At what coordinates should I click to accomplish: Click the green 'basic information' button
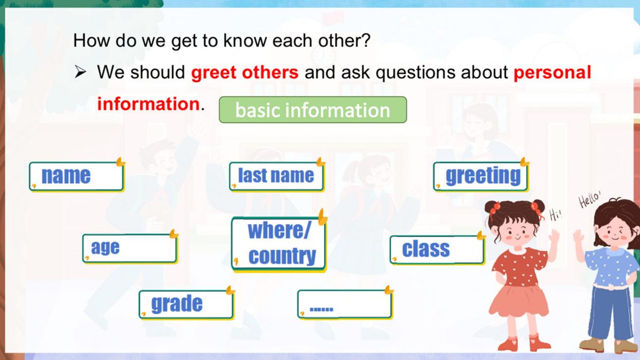click(313, 110)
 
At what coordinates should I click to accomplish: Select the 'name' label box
click(77, 176)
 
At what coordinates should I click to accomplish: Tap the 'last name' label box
click(277, 176)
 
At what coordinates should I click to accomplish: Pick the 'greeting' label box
click(481, 176)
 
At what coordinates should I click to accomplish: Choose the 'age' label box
click(130, 248)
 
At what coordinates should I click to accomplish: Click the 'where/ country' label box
click(279, 244)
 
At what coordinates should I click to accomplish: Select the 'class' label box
click(437, 250)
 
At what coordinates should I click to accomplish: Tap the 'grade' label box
click(186, 304)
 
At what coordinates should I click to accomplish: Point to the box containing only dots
click(345, 304)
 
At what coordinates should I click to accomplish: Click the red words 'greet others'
click(245, 73)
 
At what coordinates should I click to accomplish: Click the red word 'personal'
click(552, 73)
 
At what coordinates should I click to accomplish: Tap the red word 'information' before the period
click(148, 104)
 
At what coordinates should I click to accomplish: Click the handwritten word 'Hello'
click(590, 198)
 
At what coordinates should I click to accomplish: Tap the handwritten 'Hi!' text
click(555, 215)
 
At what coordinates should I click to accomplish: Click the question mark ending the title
click(366, 40)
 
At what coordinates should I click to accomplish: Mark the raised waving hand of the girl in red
click(554, 237)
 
